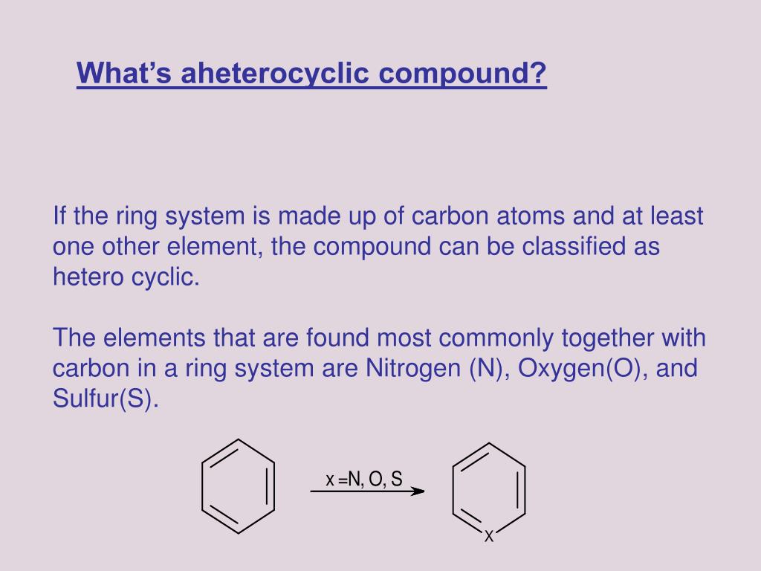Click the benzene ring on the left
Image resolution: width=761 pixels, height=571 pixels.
[238, 486]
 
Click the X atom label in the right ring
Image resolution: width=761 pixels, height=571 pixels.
[489, 536]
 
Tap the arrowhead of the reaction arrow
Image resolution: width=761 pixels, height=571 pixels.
[418, 491]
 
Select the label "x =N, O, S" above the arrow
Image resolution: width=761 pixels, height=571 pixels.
[364, 480]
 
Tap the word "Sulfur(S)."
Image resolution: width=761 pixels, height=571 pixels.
[106, 399]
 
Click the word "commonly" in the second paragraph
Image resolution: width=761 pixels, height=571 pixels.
[497, 338]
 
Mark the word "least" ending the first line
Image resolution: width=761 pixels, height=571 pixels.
[676, 216]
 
